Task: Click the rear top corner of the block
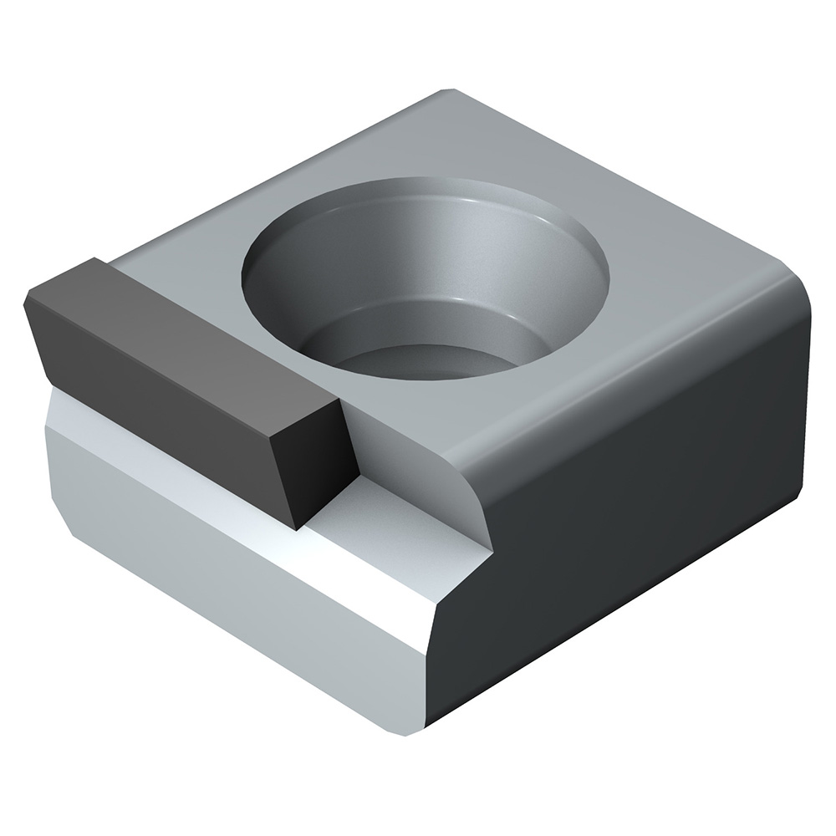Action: [447, 90]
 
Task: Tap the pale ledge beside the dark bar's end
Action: [385, 510]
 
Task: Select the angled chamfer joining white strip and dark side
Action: [456, 585]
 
